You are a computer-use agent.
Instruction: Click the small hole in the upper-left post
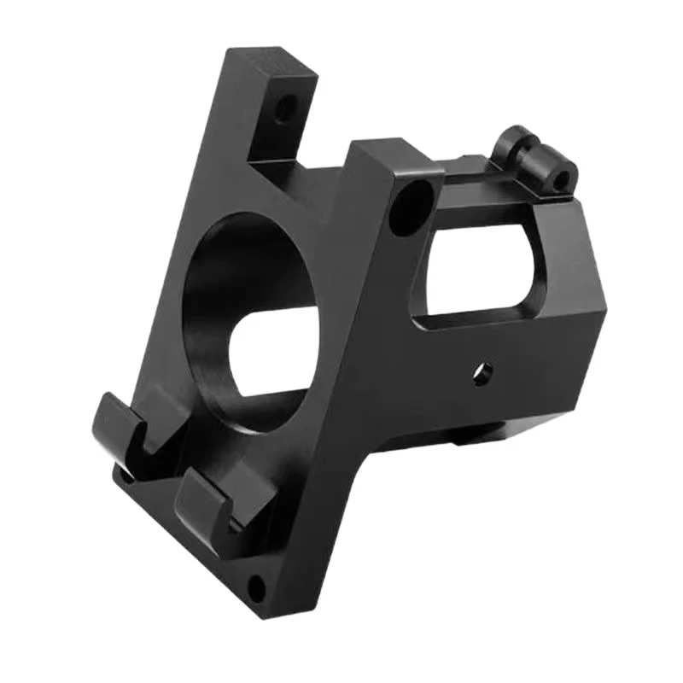(285, 108)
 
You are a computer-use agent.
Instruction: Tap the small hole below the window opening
(484, 372)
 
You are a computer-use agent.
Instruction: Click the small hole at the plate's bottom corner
(254, 586)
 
